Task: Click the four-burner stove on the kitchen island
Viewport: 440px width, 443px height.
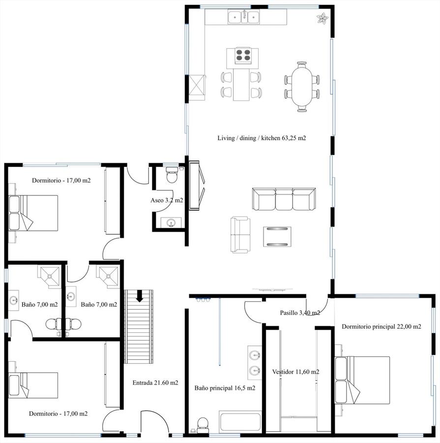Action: click(x=243, y=55)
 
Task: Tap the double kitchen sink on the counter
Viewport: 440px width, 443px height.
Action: click(x=243, y=18)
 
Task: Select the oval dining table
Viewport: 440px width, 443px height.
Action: click(x=302, y=86)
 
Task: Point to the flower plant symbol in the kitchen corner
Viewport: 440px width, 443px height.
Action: click(x=323, y=19)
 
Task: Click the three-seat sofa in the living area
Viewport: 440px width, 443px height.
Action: click(x=284, y=199)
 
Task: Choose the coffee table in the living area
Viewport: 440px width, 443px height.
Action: click(x=277, y=236)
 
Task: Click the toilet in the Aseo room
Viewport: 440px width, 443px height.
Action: click(x=171, y=175)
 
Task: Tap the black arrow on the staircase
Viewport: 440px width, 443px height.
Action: click(x=139, y=296)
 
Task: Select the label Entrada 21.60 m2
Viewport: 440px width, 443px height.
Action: click(x=155, y=383)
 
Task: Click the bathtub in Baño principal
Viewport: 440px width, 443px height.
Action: click(x=240, y=422)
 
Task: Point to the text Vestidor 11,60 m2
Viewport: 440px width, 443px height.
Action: click(x=295, y=372)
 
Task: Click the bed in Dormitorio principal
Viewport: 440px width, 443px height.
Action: click(x=362, y=380)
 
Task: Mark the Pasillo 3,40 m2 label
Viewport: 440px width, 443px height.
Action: click(x=300, y=313)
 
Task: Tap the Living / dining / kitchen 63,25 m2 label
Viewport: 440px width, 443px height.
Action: click(x=262, y=138)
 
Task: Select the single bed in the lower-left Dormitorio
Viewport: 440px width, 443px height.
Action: click(x=33, y=385)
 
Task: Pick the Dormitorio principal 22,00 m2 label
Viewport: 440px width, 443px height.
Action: click(x=381, y=327)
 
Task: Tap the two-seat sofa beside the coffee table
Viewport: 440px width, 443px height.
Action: click(x=240, y=234)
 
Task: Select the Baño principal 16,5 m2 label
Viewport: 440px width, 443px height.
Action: click(x=225, y=388)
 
